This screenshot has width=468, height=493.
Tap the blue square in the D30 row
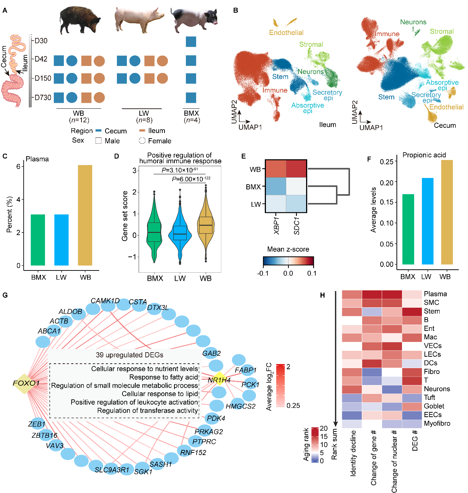coord(191,42)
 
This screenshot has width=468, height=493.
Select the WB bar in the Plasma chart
coord(85,215)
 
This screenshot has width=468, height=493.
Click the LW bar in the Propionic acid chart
coord(427,221)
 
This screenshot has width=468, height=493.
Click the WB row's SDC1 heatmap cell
coord(296,169)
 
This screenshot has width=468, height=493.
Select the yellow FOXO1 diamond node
coord(25,383)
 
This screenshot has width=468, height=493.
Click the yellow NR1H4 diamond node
coord(219,379)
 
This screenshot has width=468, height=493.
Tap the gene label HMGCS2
coord(240,406)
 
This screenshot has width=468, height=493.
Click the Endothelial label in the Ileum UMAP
coord(286,33)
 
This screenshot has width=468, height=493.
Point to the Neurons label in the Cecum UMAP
coord(413,22)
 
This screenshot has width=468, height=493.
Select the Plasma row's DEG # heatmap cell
coord(412,294)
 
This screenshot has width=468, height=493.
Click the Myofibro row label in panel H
coord(437,423)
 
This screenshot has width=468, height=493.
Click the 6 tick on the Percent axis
coord(18,167)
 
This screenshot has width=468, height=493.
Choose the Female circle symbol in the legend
coord(142,141)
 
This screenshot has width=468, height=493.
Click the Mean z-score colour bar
coord(288,261)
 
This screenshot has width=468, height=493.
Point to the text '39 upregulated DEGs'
coord(129,355)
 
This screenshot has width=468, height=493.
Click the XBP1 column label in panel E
coord(277,225)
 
